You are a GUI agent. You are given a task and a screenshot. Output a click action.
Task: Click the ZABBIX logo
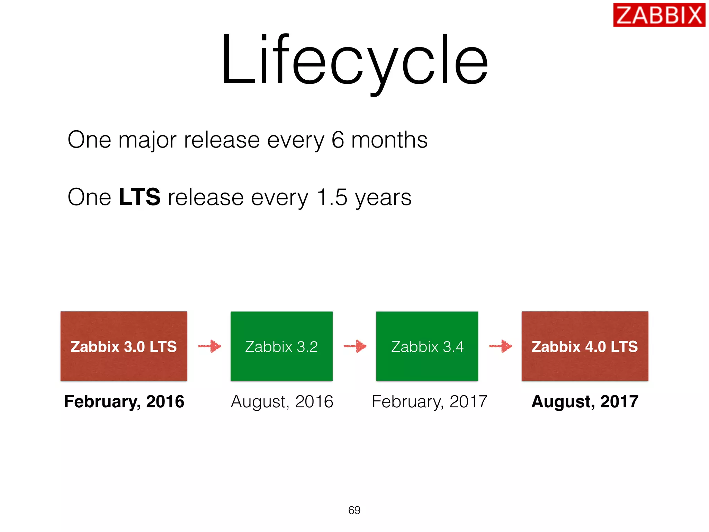coord(659,15)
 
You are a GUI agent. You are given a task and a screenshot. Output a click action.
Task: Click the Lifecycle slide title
coord(354,61)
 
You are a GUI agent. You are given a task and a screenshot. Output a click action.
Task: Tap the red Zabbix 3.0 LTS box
coord(124,346)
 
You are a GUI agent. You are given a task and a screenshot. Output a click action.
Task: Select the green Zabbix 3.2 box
coord(281,346)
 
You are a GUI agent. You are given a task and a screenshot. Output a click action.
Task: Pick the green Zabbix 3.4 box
coord(427,346)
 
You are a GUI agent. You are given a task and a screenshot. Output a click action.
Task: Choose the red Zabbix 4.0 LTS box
coord(585,346)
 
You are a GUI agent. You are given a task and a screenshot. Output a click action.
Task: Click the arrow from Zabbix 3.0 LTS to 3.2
coord(210,346)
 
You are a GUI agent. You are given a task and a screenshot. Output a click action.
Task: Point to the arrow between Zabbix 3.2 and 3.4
coord(355,346)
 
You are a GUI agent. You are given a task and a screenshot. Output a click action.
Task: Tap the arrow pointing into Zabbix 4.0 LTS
coord(501,346)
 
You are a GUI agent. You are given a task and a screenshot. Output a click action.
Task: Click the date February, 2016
coord(124,402)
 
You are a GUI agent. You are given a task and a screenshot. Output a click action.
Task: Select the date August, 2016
coord(282,402)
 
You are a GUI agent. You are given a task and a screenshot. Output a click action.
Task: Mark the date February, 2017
coord(429,402)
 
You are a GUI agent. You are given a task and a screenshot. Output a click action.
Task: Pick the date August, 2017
coord(585,402)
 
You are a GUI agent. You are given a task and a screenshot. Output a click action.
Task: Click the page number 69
coord(354,510)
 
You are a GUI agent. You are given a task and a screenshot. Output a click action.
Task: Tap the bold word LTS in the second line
coord(139,197)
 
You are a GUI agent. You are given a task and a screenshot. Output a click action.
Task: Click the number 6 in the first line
coord(338,140)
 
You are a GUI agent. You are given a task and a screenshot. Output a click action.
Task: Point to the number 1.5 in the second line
coord(332,197)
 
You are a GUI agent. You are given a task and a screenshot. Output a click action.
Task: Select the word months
coord(389,140)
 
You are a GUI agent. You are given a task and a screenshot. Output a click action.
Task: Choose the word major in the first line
coord(147,141)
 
